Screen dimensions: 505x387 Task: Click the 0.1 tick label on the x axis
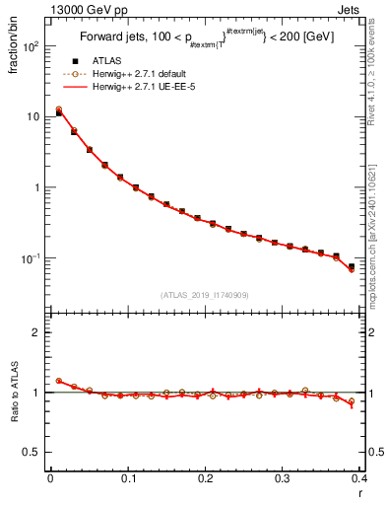point(127,479)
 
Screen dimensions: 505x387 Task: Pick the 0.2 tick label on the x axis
point(205,479)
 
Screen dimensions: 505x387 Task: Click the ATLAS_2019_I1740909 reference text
point(205,295)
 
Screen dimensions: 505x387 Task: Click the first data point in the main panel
point(59,112)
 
